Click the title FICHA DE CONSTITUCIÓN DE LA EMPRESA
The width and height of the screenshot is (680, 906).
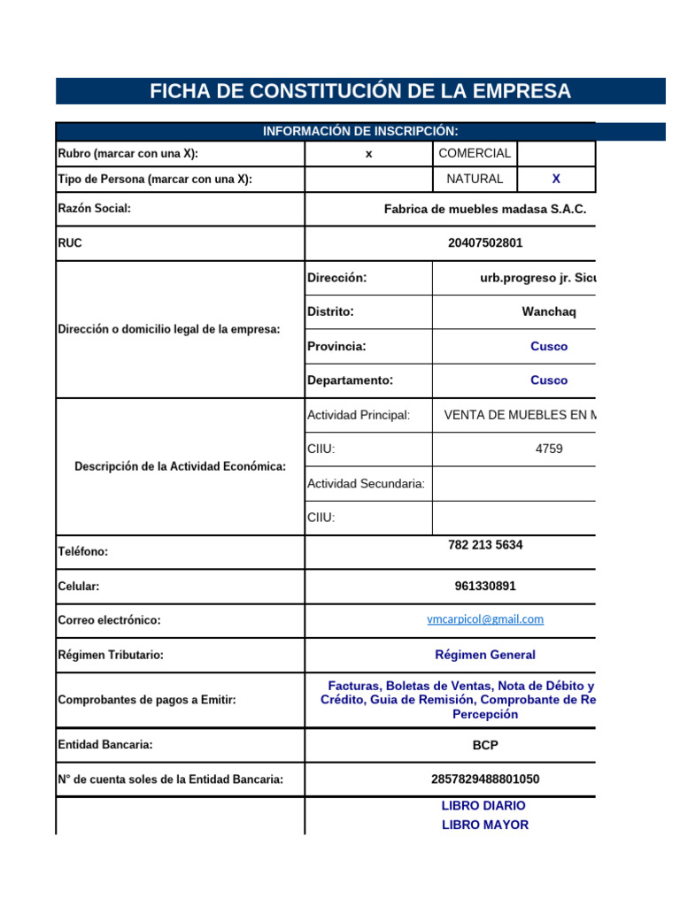(359, 91)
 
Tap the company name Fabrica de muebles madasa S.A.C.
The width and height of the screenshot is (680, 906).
(485, 210)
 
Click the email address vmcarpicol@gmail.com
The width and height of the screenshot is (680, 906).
(485, 619)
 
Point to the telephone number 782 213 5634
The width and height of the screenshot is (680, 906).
(485, 545)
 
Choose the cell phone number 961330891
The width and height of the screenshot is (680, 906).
(485, 586)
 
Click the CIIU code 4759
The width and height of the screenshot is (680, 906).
(549, 449)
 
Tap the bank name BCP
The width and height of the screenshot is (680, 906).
(485, 746)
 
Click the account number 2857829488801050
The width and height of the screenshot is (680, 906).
(485, 779)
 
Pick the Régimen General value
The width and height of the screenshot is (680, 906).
(485, 655)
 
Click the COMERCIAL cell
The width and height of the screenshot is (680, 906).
(475, 153)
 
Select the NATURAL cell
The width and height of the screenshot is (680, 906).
(475, 179)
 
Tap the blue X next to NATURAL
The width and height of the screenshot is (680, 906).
(556, 179)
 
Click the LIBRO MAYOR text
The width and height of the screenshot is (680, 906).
(485, 825)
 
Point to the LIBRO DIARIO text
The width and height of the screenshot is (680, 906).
(483, 806)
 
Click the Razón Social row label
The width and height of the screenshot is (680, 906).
(95, 209)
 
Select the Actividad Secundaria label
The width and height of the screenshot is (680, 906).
(366, 483)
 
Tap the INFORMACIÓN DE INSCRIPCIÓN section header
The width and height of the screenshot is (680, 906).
(359, 131)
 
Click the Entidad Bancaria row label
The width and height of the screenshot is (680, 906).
(105, 745)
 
